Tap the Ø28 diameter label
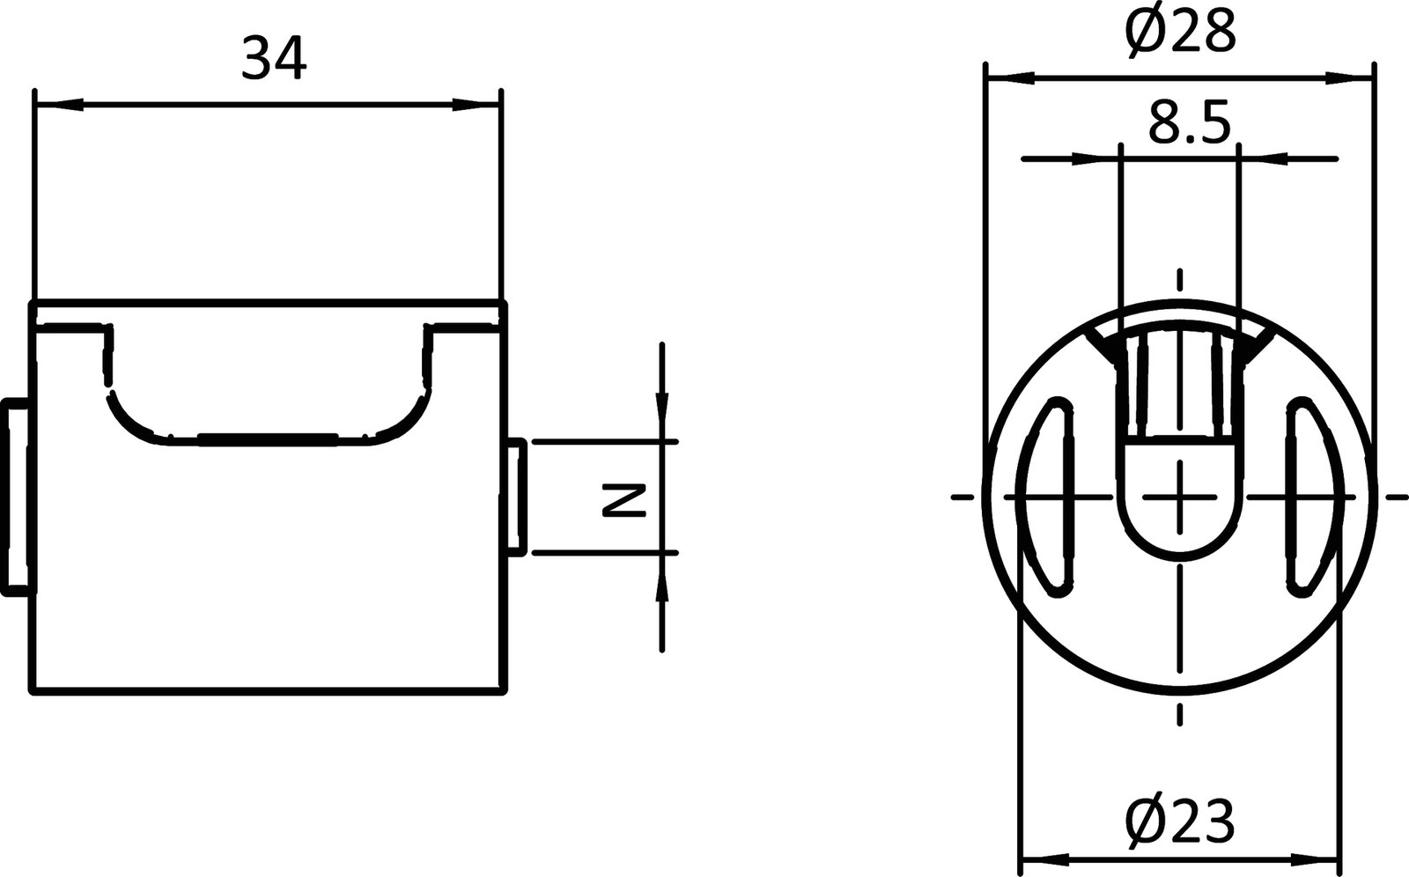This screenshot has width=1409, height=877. pyautogui.click(x=1180, y=33)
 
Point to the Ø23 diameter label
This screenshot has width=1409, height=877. pyautogui.click(x=1180, y=822)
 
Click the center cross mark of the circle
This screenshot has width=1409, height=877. pyautogui.click(x=1180, y=497)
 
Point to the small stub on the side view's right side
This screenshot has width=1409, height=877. pyautogui.click(x=518, y=496)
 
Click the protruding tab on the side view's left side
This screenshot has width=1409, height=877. pyautogui.click(x=16, y=496)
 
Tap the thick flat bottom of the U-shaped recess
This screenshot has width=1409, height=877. pyautogui.click(x=267, y=438)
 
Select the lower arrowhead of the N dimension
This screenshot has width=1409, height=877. pyautogui.click(x=662, y=578)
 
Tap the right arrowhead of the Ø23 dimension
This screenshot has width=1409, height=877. pyautogui.click(x=1317, y=855)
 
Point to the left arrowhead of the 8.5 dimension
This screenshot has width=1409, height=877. pyautogui.click(x=1096, y=158)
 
